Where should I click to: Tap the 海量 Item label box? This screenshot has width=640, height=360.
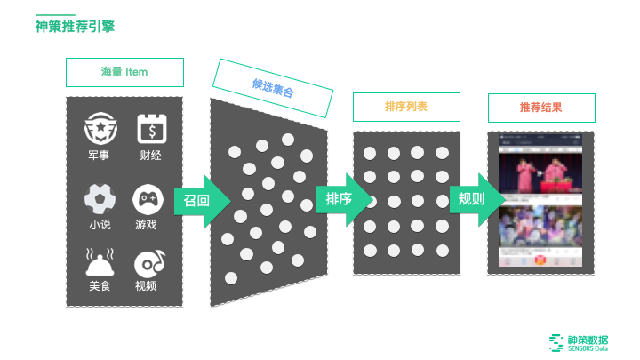coord(124,72)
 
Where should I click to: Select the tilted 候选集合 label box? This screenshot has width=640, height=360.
coord(273,87)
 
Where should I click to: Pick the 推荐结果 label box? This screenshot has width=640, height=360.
coord(541,107)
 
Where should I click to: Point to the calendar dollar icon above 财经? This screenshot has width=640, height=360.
coord(150,131)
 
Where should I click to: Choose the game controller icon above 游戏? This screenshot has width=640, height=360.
coord(147,197)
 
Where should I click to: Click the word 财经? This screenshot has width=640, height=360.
coord(150,156)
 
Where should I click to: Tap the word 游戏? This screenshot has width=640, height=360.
coord(146,224)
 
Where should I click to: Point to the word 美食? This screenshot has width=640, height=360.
coord(100,286)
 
